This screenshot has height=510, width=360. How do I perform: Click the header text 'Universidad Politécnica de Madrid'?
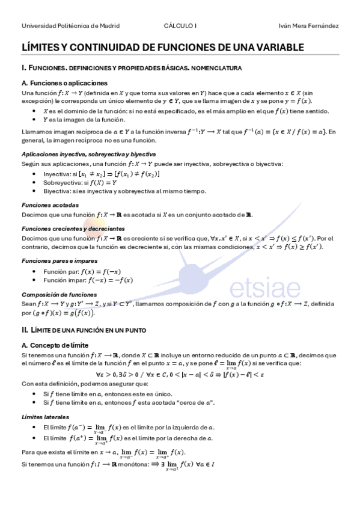click(70, 26)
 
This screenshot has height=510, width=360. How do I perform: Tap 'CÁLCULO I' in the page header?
click(180, 26)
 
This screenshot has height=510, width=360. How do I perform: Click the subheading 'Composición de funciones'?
click(59, 295)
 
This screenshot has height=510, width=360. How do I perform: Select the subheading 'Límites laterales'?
click(45, 417)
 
